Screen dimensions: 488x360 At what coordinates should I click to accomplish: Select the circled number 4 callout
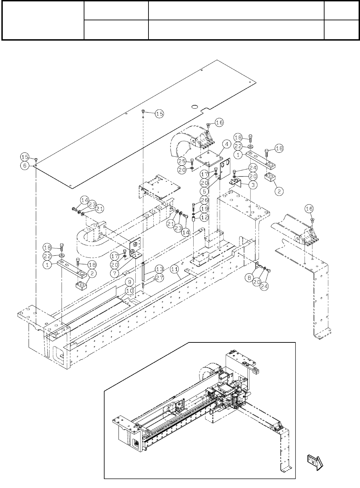point(226,144)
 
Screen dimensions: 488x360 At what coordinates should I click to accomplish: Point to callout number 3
point(253,185)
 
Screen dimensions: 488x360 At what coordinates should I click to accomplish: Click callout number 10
point(130,290)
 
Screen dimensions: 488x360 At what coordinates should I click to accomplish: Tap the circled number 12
point(204,217)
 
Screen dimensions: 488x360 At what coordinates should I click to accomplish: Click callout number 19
point(204,209)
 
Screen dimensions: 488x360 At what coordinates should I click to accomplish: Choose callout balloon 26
point(204,200)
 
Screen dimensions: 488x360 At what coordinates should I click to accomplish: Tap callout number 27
point(158,278)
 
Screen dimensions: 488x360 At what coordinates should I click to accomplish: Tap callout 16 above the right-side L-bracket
point(309,209)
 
